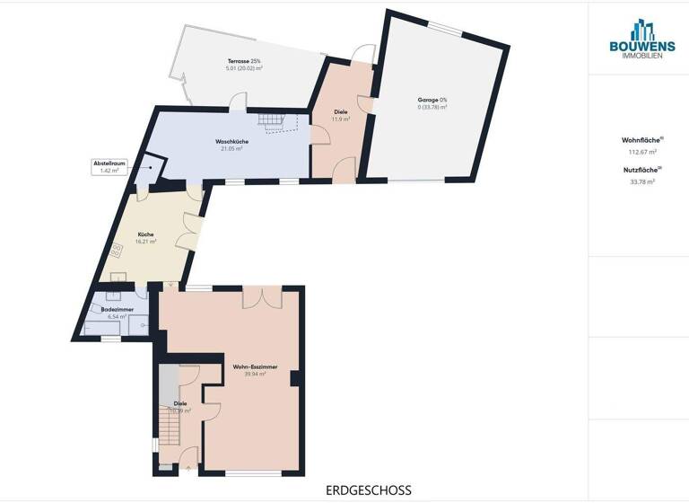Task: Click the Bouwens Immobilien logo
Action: point(639,41)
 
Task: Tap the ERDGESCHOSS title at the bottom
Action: point(369,490)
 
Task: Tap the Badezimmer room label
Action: point(118,309)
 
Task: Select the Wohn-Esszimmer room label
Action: point(255,366)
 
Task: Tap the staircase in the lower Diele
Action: point(170,423)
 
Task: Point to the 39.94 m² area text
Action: point(255,374)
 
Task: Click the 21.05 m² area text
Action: point(231,149)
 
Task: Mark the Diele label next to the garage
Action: point(341,111)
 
